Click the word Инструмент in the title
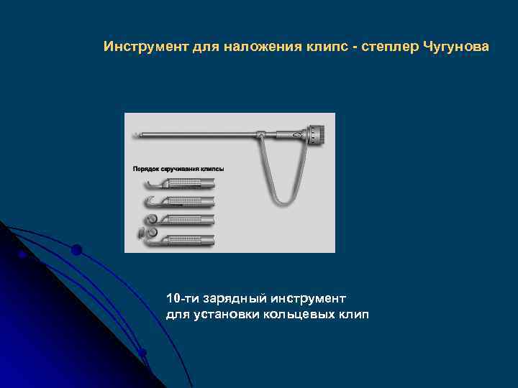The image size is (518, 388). (146, 47)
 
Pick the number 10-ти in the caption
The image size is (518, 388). (180, 297)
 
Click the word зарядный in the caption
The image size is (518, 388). (231, 297)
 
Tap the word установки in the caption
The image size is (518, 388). (230, 315)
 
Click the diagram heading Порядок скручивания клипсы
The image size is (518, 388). (178, 169)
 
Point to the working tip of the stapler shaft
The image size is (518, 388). (135, 134)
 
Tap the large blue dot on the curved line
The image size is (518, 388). (76, 250)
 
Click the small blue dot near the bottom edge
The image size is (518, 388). (142, 352)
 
